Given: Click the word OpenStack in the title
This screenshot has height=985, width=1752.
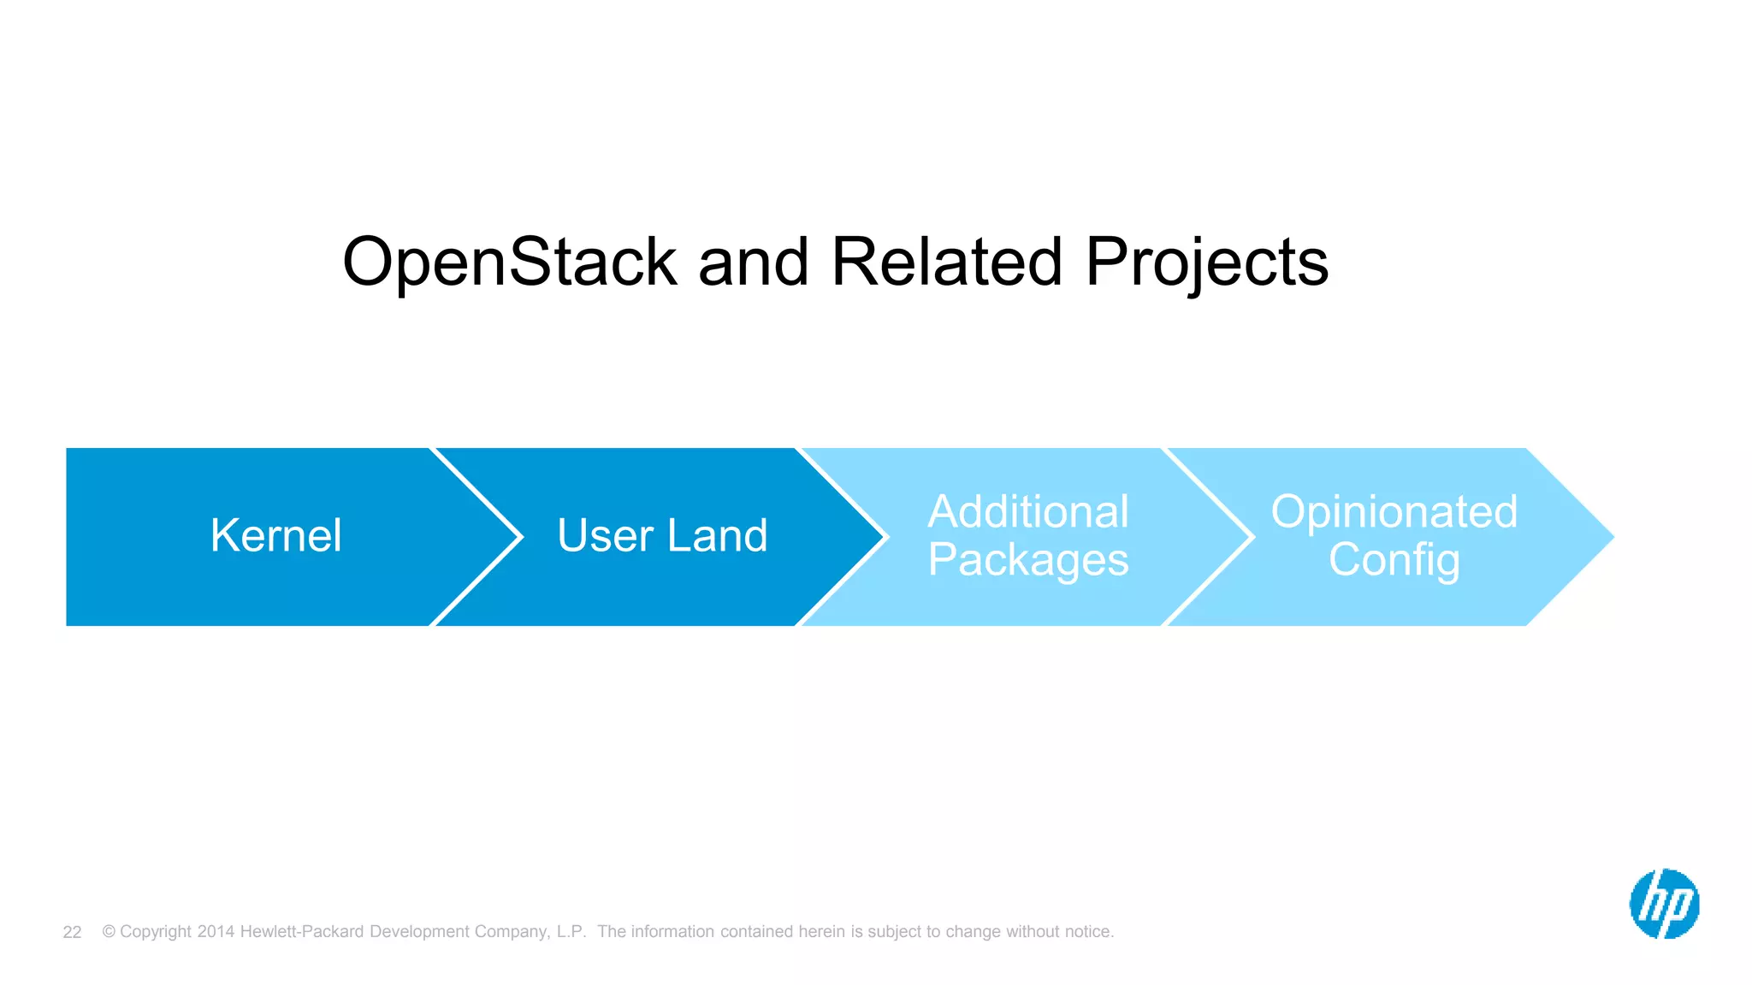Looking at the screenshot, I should click(510, 262).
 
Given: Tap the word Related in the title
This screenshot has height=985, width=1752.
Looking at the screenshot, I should click(946, 262).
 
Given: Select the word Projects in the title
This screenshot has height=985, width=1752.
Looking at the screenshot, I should click(1206, 262).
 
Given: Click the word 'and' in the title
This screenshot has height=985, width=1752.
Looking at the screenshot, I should click(754, 262).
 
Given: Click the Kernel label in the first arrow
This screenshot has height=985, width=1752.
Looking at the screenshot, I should click(275, 536).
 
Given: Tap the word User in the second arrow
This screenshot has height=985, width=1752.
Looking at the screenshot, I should click(605, 536).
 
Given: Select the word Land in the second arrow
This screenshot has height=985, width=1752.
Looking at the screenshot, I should click(717, 536).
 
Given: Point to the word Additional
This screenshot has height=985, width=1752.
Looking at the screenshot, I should click(1028, 512).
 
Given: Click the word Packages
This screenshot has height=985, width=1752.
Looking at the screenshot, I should click(1028, 561).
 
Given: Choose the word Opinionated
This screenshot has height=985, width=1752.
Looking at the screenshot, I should click(1394, 512).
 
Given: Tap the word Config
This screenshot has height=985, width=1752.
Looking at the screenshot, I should click(1394, 561).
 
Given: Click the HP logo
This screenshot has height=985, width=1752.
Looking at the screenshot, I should click(1664, 904).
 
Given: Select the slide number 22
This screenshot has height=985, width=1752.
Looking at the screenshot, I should click(72, 932).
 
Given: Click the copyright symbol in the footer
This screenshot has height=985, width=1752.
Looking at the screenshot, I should click(109, 931).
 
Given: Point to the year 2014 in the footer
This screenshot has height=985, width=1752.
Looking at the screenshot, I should click(216, 931).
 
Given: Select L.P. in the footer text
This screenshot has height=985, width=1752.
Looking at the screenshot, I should click(571, 931).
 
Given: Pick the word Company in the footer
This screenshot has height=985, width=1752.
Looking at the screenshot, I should click(511, 931).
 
